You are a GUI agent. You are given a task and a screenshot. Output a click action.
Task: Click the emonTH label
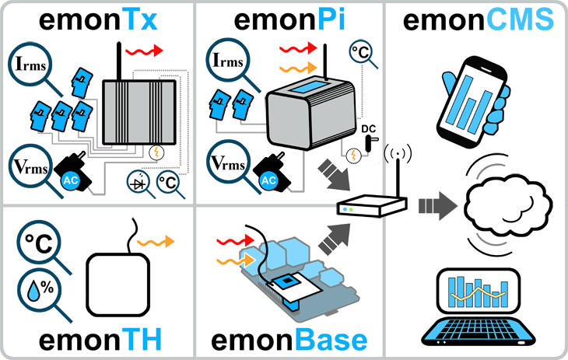[96, 339]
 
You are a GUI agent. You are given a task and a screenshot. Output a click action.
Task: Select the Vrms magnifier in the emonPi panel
[229, 165]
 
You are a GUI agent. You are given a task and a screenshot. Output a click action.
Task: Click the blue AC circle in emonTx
[66, 181]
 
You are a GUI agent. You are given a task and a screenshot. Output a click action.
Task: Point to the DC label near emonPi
[370, 129]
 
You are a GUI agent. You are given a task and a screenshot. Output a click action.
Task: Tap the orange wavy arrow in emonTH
[156, 243]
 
